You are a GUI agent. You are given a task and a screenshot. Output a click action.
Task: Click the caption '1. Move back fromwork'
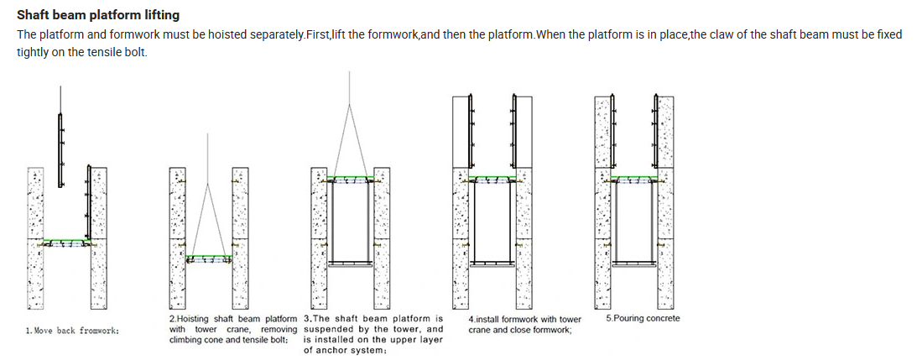pyautogui.click(x=72, y=331)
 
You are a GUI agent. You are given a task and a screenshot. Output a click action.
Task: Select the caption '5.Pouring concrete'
pyautogui.click(x=643, y=318)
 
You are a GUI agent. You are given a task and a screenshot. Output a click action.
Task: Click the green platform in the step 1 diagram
pyautogui.click(x=67, y=241)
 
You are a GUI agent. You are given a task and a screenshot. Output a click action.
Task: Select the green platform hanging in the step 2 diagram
pyautogui.click(x=208, y=256)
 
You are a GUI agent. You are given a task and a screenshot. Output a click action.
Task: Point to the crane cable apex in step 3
pyautogui.click(x=349, y=106)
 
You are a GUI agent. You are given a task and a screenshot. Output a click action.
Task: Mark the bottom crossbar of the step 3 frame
pyautogui.click(x=349, y=263)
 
